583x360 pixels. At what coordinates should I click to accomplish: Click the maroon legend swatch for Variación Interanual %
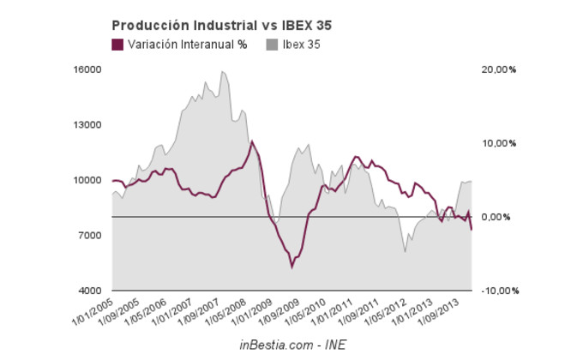117,44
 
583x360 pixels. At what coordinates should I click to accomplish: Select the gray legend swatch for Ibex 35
272,44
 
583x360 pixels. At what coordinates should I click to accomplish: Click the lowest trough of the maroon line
292,267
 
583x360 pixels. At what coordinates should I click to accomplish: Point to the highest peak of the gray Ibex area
222,71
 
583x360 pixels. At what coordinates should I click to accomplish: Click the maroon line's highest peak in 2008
252,141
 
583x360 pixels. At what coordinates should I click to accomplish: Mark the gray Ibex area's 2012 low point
406,251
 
